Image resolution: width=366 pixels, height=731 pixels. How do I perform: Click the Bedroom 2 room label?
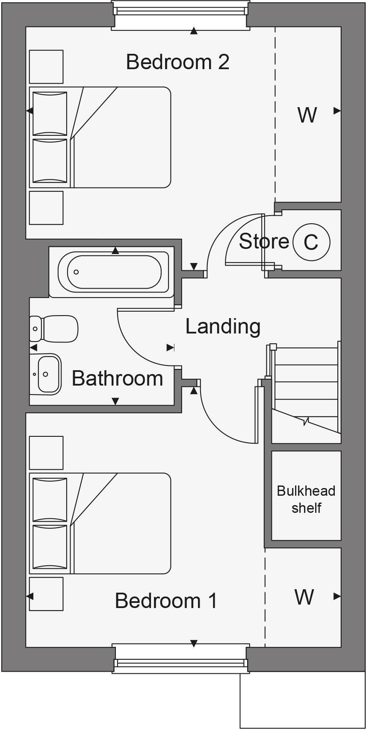point(177,62)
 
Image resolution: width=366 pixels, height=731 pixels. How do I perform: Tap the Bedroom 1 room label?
point(166,601)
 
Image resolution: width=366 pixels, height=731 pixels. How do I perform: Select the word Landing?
point(223,327)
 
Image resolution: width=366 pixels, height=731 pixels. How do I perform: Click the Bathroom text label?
point(117,378)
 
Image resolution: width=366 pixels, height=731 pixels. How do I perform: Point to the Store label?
point(264,242)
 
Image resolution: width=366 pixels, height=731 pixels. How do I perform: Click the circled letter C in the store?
point(311,242)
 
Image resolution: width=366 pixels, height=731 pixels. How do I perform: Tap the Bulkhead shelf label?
point(306,499)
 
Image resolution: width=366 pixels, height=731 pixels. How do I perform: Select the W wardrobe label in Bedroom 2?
point(307,115)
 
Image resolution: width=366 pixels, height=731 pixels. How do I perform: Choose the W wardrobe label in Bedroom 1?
point(304,597)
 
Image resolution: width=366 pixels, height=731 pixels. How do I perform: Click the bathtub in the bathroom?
point(113,272)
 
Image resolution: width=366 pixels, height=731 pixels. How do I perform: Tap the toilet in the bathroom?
point(55,329)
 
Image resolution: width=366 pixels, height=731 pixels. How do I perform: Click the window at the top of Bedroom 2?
point(180,14)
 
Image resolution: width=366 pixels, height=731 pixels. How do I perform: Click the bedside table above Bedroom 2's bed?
point(46,67)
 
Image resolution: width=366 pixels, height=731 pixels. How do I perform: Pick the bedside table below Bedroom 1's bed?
point(46,594)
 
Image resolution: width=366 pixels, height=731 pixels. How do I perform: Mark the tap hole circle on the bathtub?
point(76,272)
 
